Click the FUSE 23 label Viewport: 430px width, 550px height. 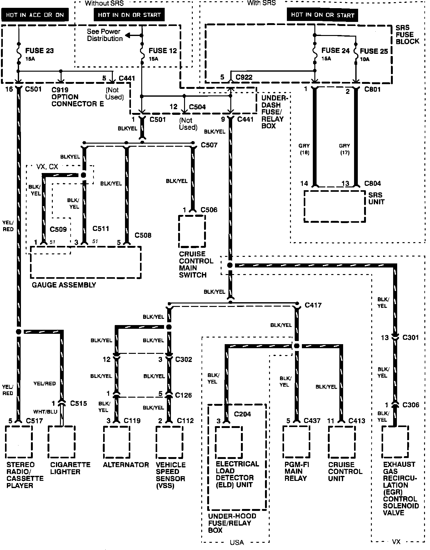tap(39, 51)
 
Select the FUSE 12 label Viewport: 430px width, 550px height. tap(162, 51)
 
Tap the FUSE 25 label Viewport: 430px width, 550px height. tap(374, 51)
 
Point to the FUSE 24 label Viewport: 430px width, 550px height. tap(335, 51)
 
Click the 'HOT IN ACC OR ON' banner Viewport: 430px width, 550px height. tap(35, 15)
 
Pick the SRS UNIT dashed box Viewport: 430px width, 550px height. tap(334, 206)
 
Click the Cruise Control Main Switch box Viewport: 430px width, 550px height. tap(192, 231)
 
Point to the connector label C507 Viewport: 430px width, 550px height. tap(209, 145)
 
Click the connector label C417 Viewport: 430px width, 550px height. tap(313, 305)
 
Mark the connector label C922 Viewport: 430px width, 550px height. tap(244, 77)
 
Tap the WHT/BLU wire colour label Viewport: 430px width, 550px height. tap(45, 412)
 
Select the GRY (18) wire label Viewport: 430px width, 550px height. tap(304, 149)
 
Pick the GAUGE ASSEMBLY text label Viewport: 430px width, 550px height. tap(64, 285)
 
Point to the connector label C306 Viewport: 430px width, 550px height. tap(410, 405)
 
